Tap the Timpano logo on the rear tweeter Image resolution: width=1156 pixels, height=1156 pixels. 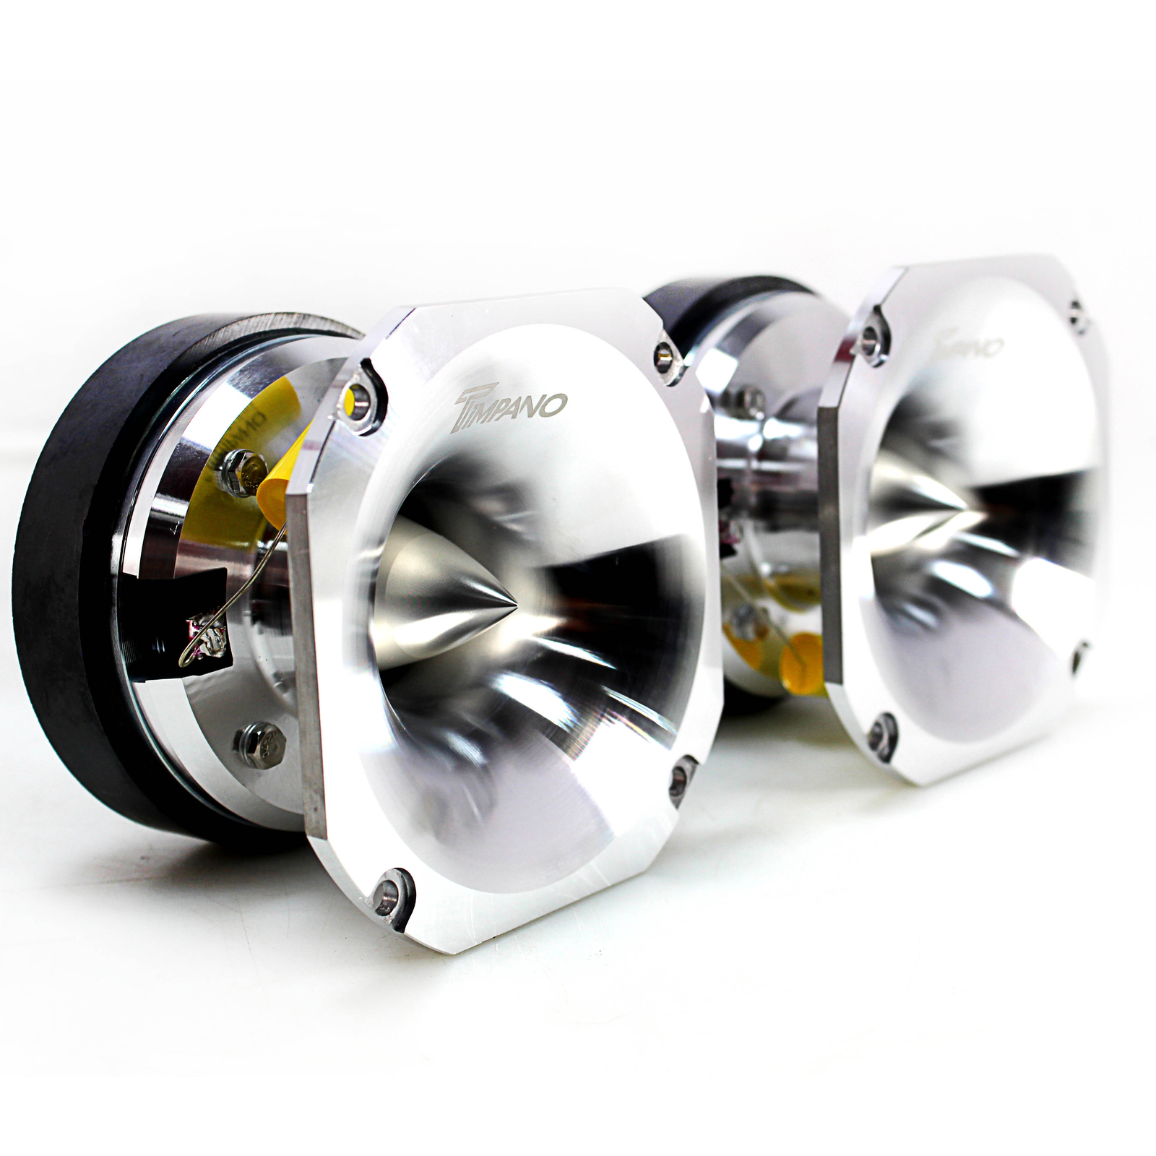(968, 342)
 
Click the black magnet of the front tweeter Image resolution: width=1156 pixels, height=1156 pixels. (65, 578)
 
